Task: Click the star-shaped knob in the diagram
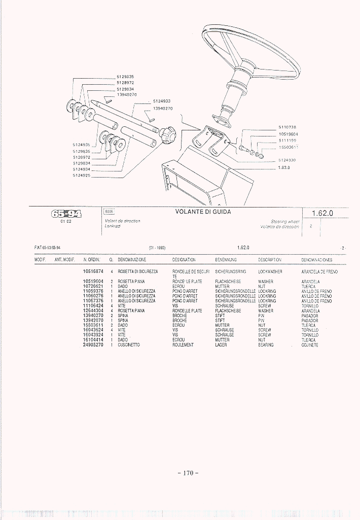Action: [x=168, y=135]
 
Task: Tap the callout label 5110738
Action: [x=287, y=127]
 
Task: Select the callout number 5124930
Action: [x=287, y=160]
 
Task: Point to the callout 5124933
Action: [x=162, y=101]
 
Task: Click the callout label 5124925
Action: [x=82, y=176]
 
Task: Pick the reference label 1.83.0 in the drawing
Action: [x=284, y=167]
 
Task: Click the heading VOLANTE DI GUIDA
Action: [x=203, y=212]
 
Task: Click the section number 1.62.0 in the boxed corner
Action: [x=322, y=213]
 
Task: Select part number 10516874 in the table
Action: [x=93, y=271]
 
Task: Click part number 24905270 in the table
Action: [x=93, y=345]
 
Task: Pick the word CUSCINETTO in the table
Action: [x=129, y=345]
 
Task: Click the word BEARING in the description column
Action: [x=266, y=345]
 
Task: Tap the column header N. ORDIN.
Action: [x=92, y=259]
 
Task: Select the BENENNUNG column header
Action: [x=226, y=259]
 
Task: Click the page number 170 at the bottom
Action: [x=188, y=473]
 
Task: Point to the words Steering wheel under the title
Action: [x=285, y=222]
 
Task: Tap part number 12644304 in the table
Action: [x=93, y=310]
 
